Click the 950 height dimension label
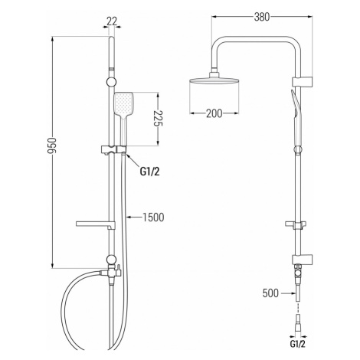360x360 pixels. click(53, 146)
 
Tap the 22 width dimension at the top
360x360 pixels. click(112, 21)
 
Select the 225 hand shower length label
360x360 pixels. click(159, 119)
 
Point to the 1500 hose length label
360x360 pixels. click(153, 218)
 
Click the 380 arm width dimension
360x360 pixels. click(262, 17)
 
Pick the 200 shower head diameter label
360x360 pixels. click(214, 113)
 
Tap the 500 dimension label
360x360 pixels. click(270, 293)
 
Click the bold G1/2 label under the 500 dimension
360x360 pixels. click(297, 344)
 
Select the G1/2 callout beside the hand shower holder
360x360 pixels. click(149, 172)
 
